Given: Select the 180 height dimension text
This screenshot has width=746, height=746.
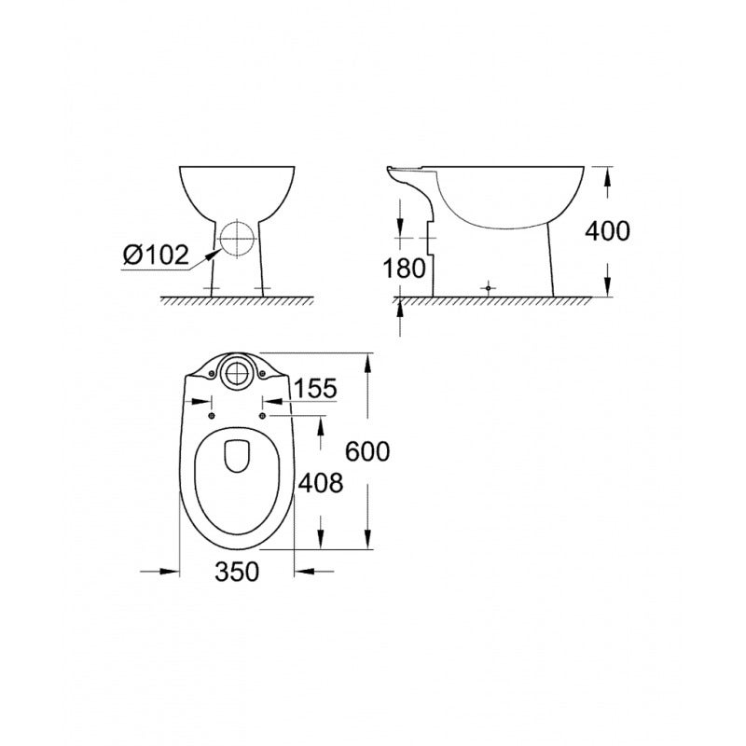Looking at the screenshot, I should tap(405, 268).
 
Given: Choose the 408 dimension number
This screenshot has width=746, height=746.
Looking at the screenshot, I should tap(321, 482).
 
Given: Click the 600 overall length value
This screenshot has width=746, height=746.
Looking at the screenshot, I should tap(366, 451).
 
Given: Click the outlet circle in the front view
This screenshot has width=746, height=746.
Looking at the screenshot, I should tap(237, 241).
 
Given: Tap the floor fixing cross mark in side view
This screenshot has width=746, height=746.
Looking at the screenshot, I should tap(488, 288).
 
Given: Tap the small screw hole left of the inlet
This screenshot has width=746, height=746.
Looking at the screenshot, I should tap(213, 374).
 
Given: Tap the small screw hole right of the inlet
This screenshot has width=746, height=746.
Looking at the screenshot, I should tap(262, 374).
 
